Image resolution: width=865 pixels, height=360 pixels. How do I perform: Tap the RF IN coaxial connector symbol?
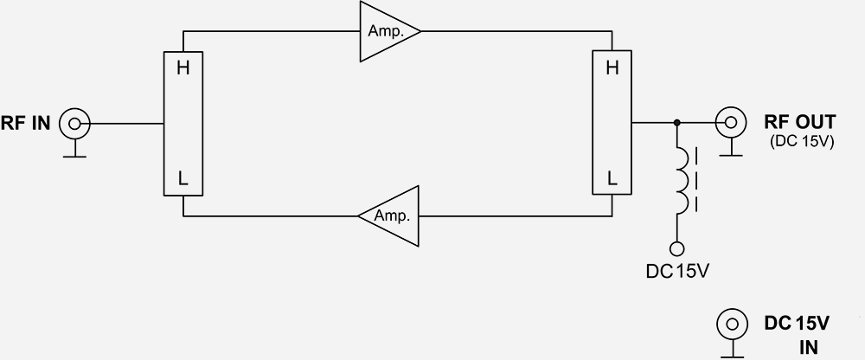pos(74,124)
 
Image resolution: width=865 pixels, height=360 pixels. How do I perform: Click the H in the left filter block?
pos(183,68)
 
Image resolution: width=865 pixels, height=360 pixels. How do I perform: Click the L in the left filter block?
pos(183,179)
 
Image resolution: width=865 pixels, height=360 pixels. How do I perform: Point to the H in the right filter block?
pos(612,68)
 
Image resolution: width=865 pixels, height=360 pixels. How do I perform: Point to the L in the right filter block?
pos(612,179)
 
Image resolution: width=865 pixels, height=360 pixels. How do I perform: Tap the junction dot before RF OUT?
pos(676,123)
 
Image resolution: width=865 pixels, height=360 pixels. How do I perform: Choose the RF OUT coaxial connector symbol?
pos(731,123)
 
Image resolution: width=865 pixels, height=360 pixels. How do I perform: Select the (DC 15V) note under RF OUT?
pos(800,142)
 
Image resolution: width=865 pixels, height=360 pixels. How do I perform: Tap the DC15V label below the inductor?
pos(677,271)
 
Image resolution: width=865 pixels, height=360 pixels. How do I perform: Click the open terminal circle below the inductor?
pos(678,247)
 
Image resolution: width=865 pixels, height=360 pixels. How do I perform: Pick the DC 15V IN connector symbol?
pos(731,325)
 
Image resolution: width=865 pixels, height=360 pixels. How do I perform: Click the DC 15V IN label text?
pos(798,334)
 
